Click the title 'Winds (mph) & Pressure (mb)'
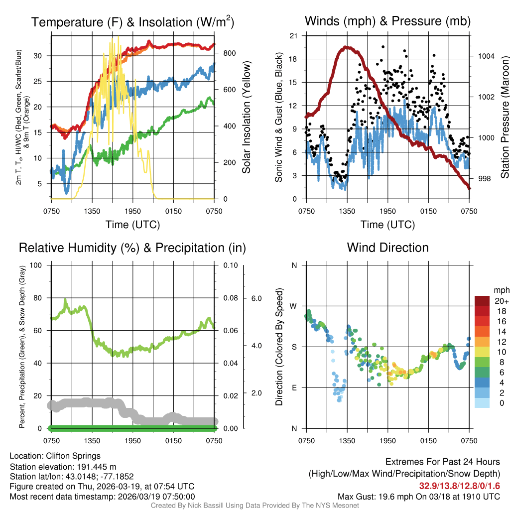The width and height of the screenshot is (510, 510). (x=387, y=21)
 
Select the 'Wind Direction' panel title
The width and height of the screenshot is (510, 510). (x=387, y=248)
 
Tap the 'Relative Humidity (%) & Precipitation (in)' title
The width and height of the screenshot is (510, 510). (x=132, y=248)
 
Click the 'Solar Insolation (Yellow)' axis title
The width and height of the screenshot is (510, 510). (x=246, y=117)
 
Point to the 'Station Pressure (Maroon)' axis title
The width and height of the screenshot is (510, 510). (x=504, y=117)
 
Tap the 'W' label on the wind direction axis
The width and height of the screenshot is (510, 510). (x=293, y=306)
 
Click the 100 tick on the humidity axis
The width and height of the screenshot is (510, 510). (x=37, y=265)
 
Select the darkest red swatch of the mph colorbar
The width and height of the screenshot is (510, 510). (x=483, y=301)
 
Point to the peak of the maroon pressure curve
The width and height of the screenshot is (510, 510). (x=345, y=47)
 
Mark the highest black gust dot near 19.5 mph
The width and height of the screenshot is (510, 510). (x=383, y=47)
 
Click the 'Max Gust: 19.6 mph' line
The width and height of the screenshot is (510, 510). (x=418, y=496)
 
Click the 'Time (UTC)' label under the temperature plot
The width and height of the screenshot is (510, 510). (x=132, y=225)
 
